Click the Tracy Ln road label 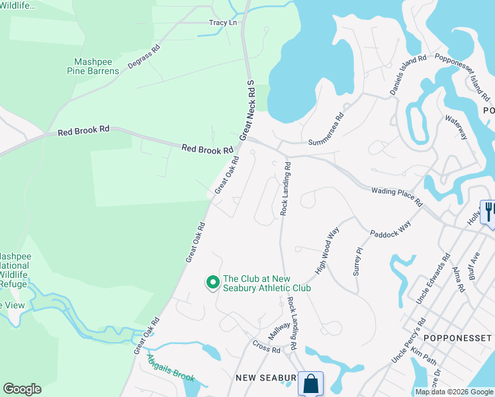[x=223, y=22]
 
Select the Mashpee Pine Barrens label [x=97, y=66]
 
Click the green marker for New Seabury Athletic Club [x=212, y=283]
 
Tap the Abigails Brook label [x=171, y=369]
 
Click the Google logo [x=22, y=389]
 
